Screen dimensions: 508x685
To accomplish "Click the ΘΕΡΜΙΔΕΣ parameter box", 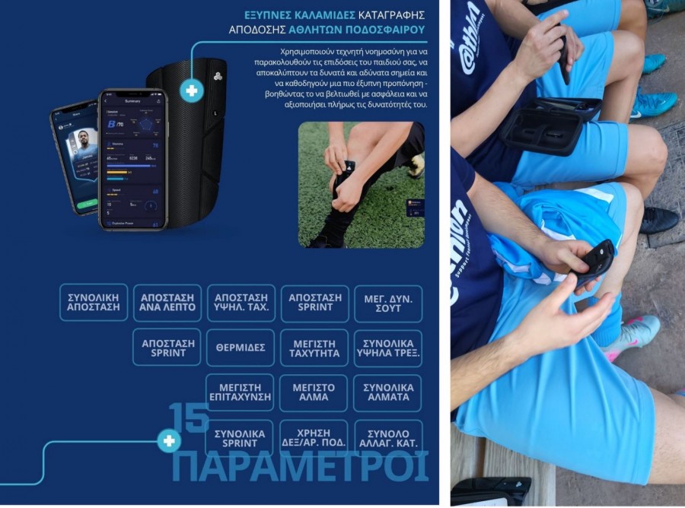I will (x=240, y=348).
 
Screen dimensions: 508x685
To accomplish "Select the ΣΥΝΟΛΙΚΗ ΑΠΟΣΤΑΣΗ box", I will (x=94, y=303).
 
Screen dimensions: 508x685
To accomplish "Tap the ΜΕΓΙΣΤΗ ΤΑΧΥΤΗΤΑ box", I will (x=314, y=348).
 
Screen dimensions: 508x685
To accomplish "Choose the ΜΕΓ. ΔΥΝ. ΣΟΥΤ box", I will (x=387, y=303).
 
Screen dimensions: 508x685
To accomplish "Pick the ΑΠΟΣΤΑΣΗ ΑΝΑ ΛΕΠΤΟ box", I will (x=167, y=303).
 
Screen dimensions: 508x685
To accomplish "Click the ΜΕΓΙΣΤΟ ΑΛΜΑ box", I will (x=314, y=392).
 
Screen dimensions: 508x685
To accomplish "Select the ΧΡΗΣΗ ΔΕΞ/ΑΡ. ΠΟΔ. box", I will (x=314, y=437).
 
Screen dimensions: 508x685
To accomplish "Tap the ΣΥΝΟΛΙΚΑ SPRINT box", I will (x=240, y=437).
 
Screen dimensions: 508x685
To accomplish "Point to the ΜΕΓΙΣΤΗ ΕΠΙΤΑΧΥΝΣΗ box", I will (x=240, y=392).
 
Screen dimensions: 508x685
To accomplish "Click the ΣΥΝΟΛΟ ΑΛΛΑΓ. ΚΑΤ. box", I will (x=387, y=437).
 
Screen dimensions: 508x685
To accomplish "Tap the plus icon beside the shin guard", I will (x=191, y=90).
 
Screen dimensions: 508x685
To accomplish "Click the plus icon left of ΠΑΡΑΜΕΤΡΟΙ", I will (x=168, y=440).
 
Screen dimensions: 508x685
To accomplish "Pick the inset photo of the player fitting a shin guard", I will (x=361, y=184).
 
